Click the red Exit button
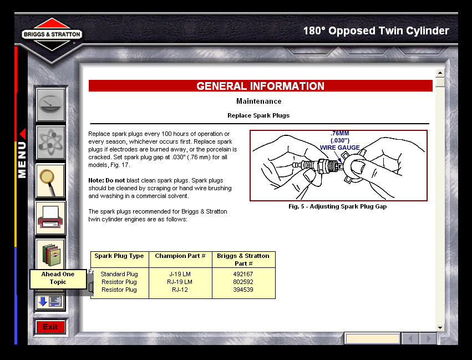click(50, 327)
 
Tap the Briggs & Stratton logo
click(52, 34)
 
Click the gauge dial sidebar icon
click(50, 104)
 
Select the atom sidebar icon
click(50, 143)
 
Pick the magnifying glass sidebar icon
click(50, 181)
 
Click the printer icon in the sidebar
click(50, 218)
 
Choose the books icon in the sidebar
click(50, 255)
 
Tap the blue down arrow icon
click(43, 301)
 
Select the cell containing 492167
click(243, 274)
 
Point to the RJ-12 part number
click(180, 290)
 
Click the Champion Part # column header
click(180, 256)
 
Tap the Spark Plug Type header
click(119, 256)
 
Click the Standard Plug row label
click(119, 274)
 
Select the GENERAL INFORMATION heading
click(260, 86)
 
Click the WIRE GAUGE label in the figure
click(339, 148)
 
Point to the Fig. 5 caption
click(337, 206)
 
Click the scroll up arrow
click(440, 73)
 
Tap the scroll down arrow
click(440, 328)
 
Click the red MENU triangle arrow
click(23, 134)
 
